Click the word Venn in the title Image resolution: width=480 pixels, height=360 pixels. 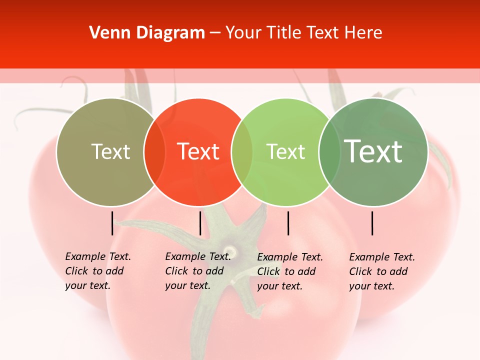[x=104, y=33]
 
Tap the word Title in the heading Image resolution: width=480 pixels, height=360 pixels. [x=284, y=33]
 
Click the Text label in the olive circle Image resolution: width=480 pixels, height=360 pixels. [x=110, y=151]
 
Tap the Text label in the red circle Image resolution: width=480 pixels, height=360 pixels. [x=198, y=151]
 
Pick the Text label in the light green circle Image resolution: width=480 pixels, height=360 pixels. [x=285, y=151]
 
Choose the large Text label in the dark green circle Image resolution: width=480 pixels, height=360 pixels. [x=373, y=151]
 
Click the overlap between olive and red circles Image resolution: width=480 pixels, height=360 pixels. [x=154, y=152]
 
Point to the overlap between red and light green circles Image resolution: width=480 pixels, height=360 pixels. [x=242, y=152]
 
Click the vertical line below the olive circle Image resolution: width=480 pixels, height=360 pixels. [x=112, y=223]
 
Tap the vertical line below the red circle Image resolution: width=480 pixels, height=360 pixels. [x=200, y=223]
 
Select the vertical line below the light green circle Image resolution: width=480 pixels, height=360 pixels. [x=288, y=223]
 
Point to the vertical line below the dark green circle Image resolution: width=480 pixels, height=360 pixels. [x=372, y=223]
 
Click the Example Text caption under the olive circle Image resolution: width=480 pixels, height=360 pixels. [x=98, y=271]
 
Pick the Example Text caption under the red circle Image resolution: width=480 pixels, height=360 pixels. [x=198, y=271]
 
